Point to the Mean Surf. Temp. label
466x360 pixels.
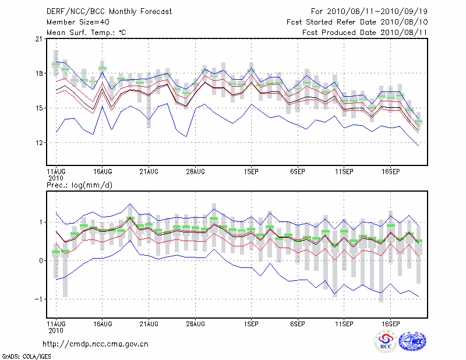(86, 33)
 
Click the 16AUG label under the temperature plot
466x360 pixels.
(102, 172)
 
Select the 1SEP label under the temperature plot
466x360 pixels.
(251, 172)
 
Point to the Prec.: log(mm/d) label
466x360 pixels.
(79, 185)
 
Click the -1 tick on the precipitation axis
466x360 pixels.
(37, 299)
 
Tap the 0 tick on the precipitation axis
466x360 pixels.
(40, 260)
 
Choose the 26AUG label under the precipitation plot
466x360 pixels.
(195, 323)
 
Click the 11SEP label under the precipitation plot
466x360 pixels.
(344, 323)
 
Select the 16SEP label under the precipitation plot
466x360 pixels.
(390, 323)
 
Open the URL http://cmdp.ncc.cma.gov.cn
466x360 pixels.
(96, 344)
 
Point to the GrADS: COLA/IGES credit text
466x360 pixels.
(27, 355)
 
